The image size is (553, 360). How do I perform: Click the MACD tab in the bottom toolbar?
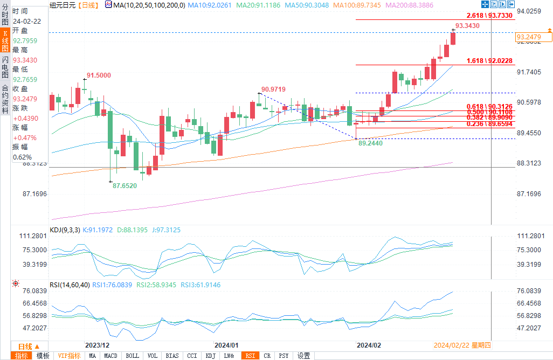(x=110, y=356)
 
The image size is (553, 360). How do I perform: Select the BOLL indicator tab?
(x=132, y=356)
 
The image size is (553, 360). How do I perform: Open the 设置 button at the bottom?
(x=303, y=356)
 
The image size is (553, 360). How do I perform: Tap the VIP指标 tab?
(x=69, y=356)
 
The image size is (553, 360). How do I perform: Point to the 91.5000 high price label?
(x=99, y=75)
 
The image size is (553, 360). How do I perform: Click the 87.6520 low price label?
(x=125, y=185)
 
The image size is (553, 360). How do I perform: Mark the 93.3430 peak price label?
(x=467, y=25)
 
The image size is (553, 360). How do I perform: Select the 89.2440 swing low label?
(x=370, y=144)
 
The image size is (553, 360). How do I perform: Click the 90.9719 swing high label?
(x=273, y=89)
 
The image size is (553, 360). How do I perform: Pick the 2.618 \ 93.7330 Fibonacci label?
(x=490, y=16)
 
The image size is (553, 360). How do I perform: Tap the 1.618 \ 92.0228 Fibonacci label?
(x=489, y=61)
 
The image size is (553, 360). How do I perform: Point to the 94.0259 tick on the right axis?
(x=529, y=11)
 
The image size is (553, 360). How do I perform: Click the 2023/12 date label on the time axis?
(x=98, y=345)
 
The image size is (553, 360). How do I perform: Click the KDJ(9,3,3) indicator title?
(x=65, y=230)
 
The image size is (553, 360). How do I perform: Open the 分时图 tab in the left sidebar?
(x=5, y=15)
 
